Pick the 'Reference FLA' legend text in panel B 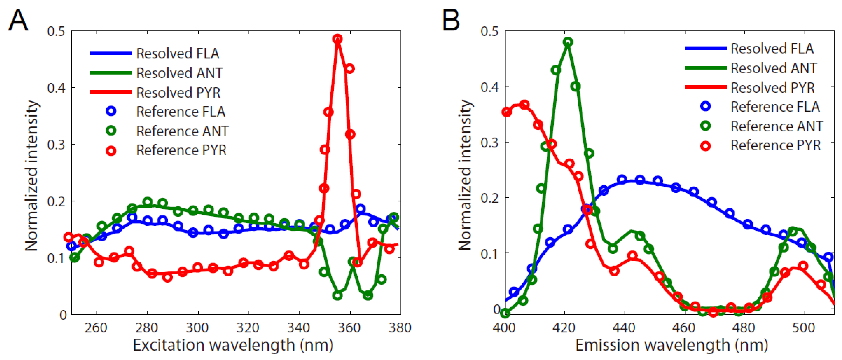775,107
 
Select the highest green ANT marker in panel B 568,42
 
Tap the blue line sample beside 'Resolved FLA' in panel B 705,48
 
